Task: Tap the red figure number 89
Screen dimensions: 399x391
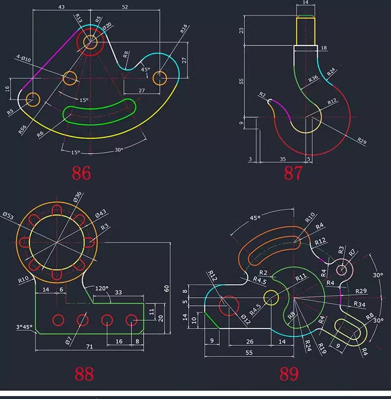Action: click(x=289, y=374)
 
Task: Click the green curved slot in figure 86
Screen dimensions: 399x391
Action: click(x=99, y=111)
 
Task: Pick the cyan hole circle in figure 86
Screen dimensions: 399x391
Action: click(x=160, y=78)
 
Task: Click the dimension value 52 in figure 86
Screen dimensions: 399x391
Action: click(x=125, y=7)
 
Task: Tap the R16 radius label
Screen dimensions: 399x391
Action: click(x=183, y=28)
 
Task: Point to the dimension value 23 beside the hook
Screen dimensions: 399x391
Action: click(x=241, y=30)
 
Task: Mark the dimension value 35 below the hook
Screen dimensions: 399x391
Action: click(x=282, y=159)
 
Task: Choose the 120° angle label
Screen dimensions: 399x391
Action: click(x=102, y=288)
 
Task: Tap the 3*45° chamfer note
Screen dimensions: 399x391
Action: click(x=23, y=327)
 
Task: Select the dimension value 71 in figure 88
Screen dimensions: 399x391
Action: click(x=89, y=346)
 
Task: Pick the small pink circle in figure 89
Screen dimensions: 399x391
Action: click(x=342, y=269)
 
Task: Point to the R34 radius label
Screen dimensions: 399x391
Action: click(x=359, y=305)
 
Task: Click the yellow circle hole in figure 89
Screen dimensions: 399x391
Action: click(x=270, y=296)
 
